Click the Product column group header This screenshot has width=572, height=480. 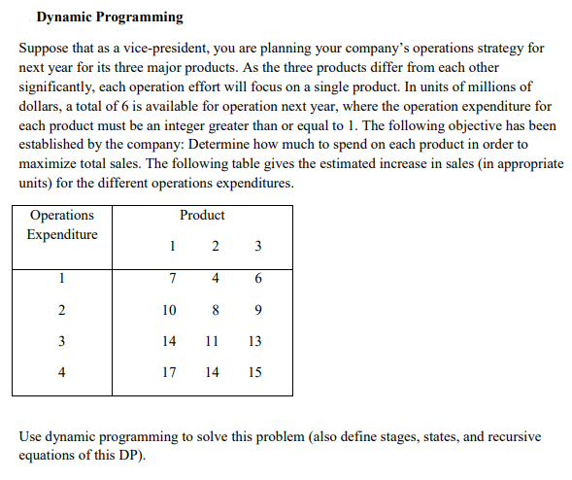coord(202,215)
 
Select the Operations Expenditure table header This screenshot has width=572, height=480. coord(62,224)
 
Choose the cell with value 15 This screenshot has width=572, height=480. coord(254,371)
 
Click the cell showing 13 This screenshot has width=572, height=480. coord(254,341)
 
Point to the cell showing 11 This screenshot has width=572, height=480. coord(213,341)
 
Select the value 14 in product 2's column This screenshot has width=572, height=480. coord(213,371)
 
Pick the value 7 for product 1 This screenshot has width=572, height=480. coord(171,280)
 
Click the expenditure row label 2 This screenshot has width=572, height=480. coord(62,311)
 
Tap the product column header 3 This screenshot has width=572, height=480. coord(256,246)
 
